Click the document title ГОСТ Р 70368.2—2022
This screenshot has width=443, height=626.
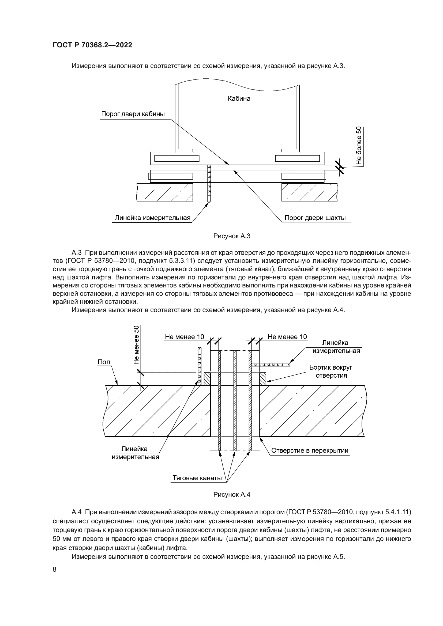point(92,45)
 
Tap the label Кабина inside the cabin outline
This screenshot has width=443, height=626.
point(239,98)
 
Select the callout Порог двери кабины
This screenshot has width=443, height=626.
point(133,114)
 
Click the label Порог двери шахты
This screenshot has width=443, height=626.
point(315,218)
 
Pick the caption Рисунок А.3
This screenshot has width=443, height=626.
point(232,236)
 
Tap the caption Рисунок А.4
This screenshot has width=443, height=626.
point(232,494)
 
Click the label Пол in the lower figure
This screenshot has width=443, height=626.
point(104,362)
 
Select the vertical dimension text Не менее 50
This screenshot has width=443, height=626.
point(136,345)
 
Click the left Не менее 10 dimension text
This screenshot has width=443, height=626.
point(184,337)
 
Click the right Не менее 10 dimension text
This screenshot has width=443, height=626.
point(287,337)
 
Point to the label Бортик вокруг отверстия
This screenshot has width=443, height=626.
point(331,371)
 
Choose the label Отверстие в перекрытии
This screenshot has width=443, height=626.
point(310,450)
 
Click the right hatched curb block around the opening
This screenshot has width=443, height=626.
point(262,379)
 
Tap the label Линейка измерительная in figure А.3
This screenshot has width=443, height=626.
point(152,218)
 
